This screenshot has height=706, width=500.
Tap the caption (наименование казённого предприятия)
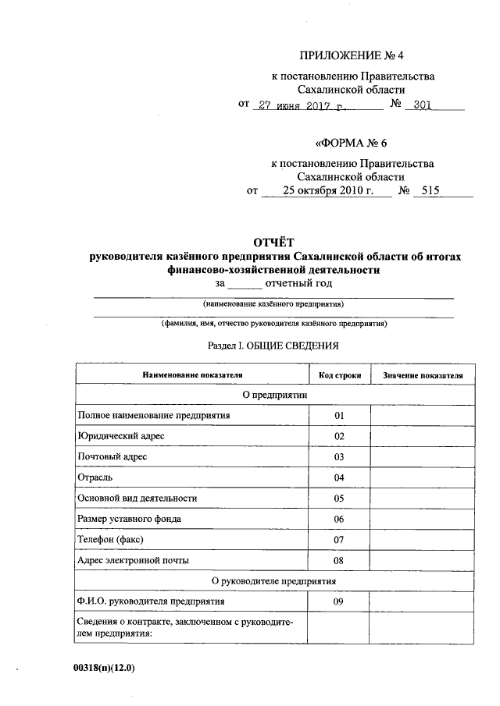(273, 303)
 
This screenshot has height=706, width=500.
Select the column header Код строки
(339, 375)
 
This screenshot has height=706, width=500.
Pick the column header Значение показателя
(422, 375)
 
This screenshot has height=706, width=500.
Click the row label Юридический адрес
(120, 435)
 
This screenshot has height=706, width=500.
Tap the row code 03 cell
(339, 456)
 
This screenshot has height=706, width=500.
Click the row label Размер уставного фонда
(130, 519)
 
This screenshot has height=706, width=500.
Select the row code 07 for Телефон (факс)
(339, 539)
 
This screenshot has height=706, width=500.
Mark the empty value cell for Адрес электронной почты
(422, 560)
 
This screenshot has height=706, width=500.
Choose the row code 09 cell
(339, 601)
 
